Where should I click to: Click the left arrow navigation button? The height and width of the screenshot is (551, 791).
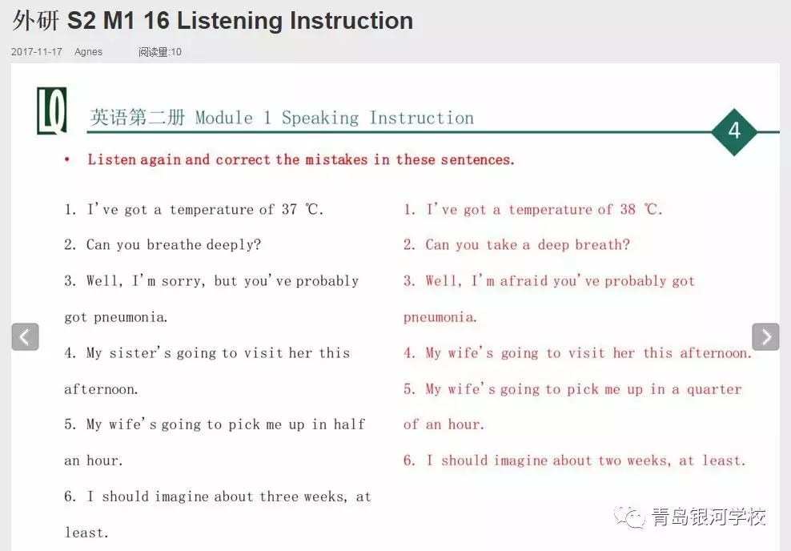coord(26,336)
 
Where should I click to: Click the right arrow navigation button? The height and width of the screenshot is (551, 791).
coord(765,336)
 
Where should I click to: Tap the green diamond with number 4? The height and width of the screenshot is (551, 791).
coord(734,131)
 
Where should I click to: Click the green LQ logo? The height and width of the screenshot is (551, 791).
coord(52,111)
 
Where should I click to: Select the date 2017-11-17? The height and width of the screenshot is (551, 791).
coord(36,52)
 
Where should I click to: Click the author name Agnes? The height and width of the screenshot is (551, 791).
coord(88,52)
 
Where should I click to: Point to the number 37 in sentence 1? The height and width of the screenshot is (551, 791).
coord(290,209)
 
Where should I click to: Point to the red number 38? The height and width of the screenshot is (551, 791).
coord(628,209)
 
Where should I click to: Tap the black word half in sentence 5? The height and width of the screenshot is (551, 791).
coord(349,424)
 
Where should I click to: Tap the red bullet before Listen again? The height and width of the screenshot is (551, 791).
coord(67,160)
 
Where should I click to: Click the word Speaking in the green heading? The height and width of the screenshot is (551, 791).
coord(319,118)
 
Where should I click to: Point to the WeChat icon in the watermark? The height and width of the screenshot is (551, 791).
coord(629,517)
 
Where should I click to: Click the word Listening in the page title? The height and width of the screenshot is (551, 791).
coord(230,21)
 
